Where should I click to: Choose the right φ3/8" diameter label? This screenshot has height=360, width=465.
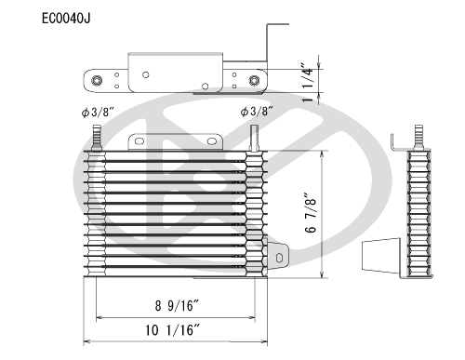[256, 113]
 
